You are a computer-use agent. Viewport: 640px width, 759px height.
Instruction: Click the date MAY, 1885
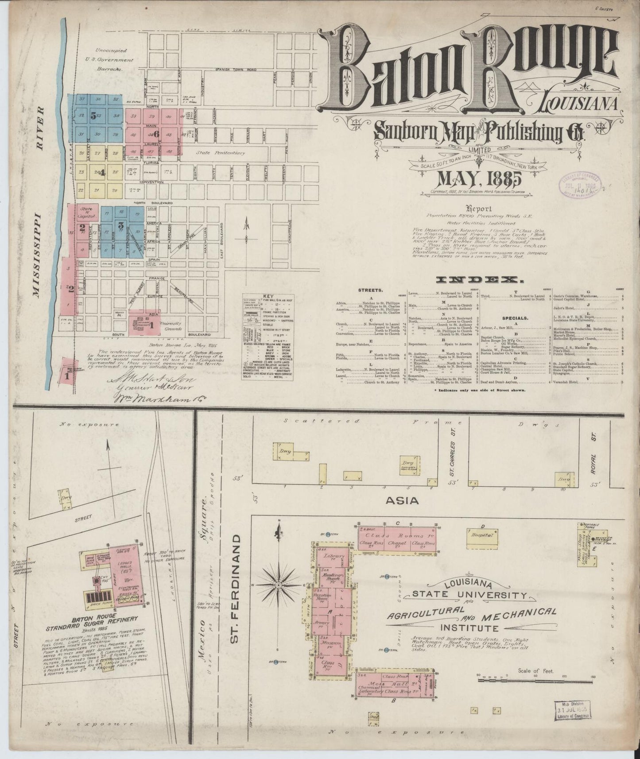[x=473, y=179]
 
